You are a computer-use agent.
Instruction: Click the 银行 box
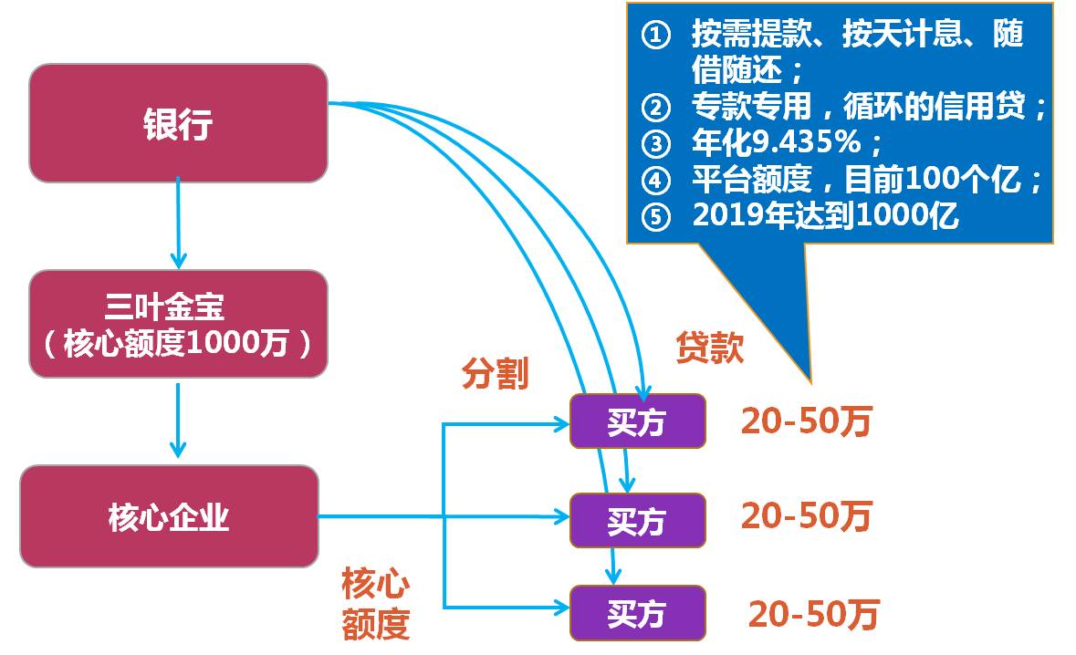coord(178,123)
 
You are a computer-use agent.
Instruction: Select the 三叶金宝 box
coord(178,324)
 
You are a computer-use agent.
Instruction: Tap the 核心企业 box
coord(169,516)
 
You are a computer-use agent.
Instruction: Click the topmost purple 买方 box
coord(638,421)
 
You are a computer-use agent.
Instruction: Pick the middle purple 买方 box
coord(638,520)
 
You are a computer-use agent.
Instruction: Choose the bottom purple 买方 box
coord(638,612)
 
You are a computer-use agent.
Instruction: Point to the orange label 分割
coord(495,374)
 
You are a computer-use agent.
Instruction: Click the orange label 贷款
coord(710,347)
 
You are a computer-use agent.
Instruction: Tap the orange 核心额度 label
coord(375,604)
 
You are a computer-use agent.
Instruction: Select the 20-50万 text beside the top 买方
coord(806,421)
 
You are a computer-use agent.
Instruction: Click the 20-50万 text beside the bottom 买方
coord(814,614)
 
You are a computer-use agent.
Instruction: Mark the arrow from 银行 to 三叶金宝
coord(178,223)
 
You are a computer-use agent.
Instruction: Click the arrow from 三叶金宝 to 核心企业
coord(178,420)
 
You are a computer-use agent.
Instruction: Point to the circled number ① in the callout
coord(655,35)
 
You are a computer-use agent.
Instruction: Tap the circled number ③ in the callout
coord(655,144)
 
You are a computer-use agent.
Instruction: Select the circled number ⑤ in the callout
coord(655,217)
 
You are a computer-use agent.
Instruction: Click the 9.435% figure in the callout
coord(806,142)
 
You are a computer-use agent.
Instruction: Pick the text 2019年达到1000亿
coord(825,215)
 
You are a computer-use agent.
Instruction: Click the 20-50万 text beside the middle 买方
coord(806,515)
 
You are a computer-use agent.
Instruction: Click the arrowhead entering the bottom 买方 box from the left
coord(562,608)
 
